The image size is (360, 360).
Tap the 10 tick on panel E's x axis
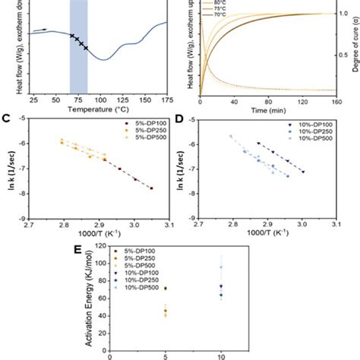coord(221,355)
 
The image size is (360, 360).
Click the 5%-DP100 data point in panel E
coord(166,289)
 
